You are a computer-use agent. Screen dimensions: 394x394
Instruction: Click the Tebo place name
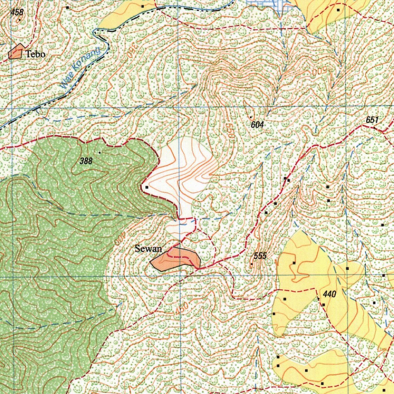[35, 54]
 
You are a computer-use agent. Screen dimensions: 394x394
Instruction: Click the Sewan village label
[148, 249]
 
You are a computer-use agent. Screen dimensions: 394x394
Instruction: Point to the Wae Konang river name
[80, 68]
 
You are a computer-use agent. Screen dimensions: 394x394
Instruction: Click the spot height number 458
[17, 12]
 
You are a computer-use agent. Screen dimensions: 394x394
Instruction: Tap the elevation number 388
[86, 161]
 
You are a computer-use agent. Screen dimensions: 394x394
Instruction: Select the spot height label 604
[257, 125]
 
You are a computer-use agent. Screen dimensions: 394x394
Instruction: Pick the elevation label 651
[372, 120]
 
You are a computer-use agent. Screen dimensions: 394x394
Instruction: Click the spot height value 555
[260, 256]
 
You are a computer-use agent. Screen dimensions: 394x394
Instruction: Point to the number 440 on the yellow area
[330, 295]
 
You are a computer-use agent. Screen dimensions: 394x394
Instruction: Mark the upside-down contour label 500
[319, 72]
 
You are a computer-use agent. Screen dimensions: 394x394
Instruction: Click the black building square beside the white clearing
[147, 187]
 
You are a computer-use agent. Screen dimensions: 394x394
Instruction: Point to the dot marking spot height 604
[251, 117]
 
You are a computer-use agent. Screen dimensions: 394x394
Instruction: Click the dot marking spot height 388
[99, 153]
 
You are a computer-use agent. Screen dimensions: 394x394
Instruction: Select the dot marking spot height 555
[252, 264]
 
